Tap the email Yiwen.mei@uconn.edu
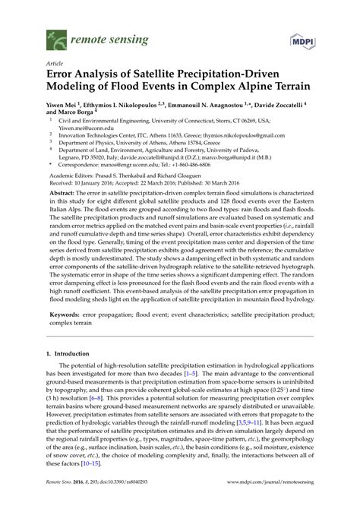tap(84, 127)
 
